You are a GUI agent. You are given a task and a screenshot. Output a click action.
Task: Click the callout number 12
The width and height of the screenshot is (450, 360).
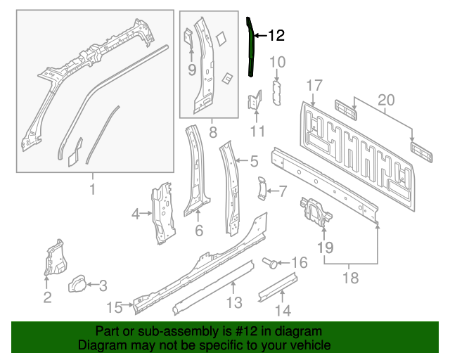click(276, 35)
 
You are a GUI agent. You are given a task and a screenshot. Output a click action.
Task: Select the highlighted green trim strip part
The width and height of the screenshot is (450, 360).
click(250, 49)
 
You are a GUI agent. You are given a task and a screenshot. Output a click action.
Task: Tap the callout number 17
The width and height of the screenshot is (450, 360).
click(314, 86)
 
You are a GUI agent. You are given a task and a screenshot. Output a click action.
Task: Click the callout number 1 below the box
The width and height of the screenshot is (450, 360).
click(92, 188)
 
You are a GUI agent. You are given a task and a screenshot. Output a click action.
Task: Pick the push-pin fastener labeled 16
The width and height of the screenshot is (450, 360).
click(269, 263)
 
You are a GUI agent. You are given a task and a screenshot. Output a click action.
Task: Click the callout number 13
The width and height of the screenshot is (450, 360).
click(234, 303)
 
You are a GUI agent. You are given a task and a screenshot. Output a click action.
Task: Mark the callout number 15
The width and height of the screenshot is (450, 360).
click(115, 306)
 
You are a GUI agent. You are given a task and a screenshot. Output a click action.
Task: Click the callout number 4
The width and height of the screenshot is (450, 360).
click(136, 213)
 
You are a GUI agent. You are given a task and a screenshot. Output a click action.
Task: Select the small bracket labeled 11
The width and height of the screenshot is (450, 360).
click(254, 101)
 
